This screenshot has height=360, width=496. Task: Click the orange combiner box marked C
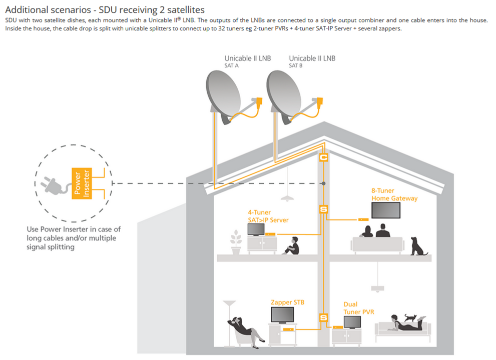pyautogui.click(x=324, y=157)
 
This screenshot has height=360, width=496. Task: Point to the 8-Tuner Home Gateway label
pyautogui.click(x=394, y=194)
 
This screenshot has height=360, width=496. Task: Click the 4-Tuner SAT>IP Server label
pyautogui.click(x=268, y=216)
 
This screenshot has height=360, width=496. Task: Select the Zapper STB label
pyautogui.click(x=287, y=302)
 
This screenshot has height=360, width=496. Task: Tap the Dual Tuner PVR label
pyautogui.click(x=359, y=308)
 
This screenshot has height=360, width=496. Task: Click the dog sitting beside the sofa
pyautogui.click(x=417, y=246)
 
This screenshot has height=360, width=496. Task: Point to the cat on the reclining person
pyautogui.click(x=411, y=317)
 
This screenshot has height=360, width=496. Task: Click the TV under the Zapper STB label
pyautogui.click(x=283, y=314)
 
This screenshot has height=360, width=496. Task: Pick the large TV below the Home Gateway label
pyautogui.click(x=385, y=210)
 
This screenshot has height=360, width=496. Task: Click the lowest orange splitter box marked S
pyautogui.click(x=324, y=317)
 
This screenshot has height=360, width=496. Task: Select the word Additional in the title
pyautogui.click(x=27, y=9)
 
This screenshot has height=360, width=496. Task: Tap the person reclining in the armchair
pyautogui.click(x=243, y=328)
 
